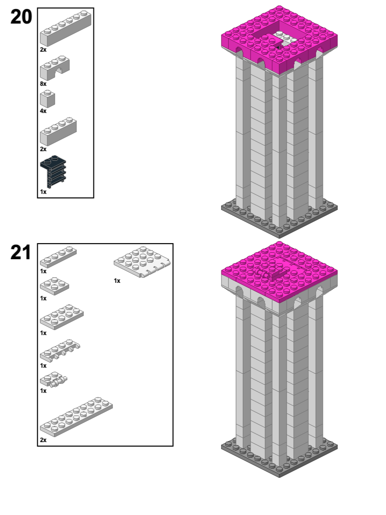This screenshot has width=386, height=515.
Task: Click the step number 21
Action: (21, 253)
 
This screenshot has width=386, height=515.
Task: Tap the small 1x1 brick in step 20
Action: (48, 98)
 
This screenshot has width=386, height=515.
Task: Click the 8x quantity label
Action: (43, 83)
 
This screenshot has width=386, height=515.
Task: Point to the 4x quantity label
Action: (43, 111)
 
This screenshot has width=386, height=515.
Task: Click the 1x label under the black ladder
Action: (43, 192)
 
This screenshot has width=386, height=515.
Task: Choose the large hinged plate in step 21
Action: (143, 261)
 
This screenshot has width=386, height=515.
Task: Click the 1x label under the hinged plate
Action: (117, 280)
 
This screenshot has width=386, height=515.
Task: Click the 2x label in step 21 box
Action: (43, 440)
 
